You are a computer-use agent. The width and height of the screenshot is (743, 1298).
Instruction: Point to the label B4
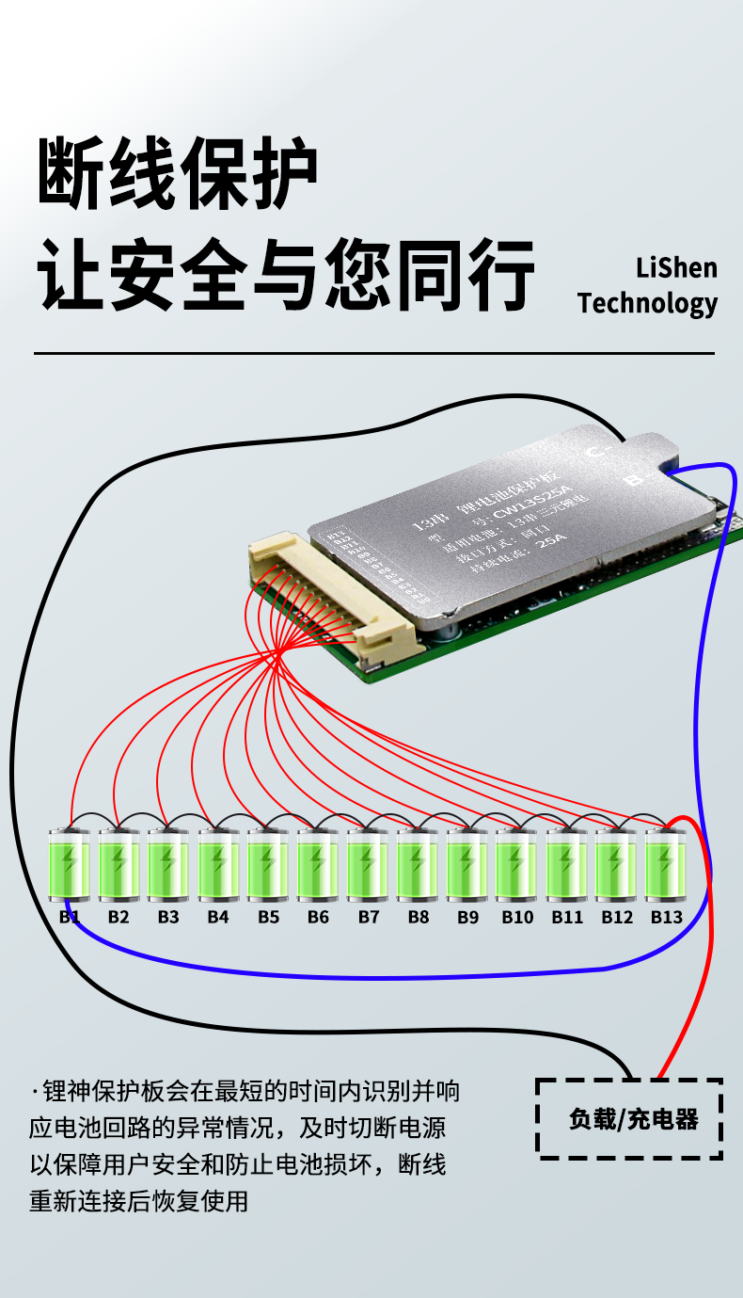click(x=218, y=917)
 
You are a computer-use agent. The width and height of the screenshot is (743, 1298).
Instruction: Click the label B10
click(x=517, y=917)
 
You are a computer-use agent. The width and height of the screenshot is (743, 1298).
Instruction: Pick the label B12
click(x=617, y=917)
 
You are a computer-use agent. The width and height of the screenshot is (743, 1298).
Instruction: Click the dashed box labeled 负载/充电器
click(x=629, y=1119)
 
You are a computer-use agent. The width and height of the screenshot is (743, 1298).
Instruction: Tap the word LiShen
click(x=676, y=268)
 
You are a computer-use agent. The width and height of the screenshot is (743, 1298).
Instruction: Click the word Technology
click(x=648, y=303)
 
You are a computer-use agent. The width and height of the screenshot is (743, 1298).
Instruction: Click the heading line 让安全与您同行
click(x=286, y=274)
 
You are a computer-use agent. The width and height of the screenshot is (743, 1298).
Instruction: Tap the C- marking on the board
click(x=593, y=453)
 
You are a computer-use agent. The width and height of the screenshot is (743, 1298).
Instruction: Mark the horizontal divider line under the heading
click(x=373, y=354)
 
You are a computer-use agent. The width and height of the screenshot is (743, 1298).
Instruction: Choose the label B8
click(x=418, y=917)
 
